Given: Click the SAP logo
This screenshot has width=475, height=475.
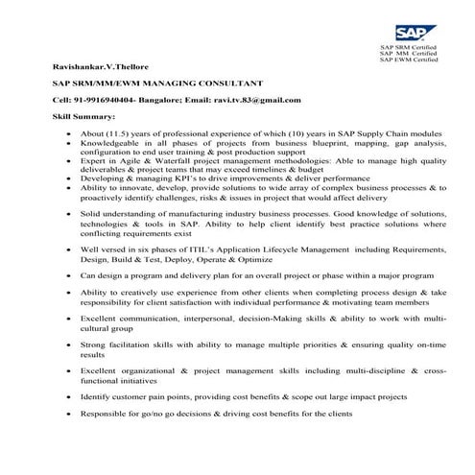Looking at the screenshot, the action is (396, 31).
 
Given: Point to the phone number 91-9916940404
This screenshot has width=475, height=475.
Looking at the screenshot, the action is (104, 100).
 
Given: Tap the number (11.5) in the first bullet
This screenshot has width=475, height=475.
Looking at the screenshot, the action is (122, 134).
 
